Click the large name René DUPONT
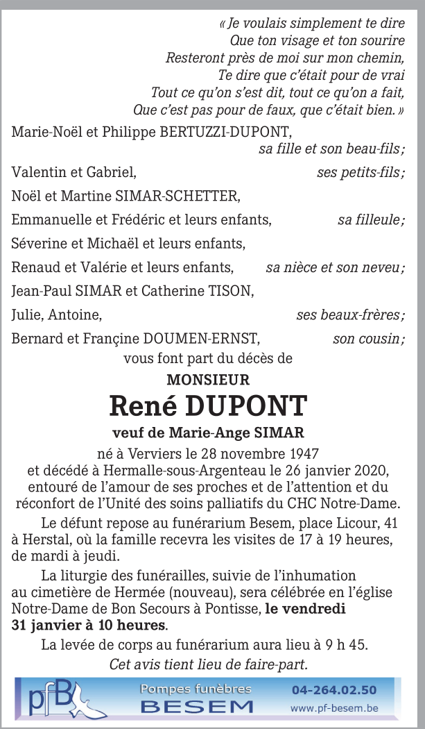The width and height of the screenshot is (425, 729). (x=208, y=405)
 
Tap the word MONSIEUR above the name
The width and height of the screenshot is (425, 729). (x=208, y=380)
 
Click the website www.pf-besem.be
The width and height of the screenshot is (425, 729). (x=334, y=708)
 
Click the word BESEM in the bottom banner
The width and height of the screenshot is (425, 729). (x=197, y=707)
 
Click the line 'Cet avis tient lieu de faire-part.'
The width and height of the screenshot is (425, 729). (x=208, y=664)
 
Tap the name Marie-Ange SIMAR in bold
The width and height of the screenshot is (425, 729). (x=235, y=433)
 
